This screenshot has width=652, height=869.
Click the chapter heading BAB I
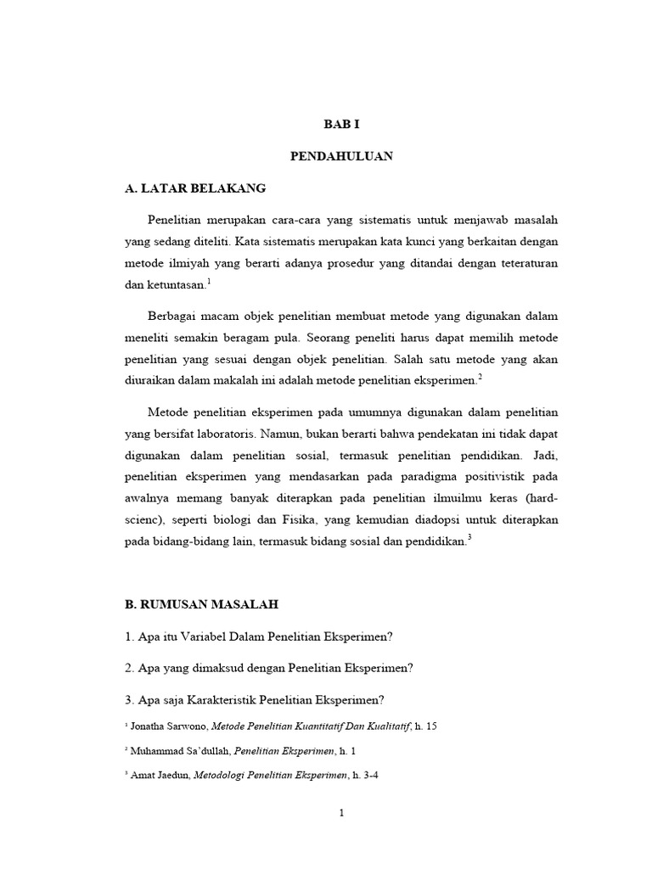point(342,124)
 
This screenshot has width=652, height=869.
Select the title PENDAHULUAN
point(342,156)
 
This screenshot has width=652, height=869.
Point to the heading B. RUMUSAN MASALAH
point(201,604)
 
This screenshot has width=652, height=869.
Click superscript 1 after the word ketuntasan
point(208,282)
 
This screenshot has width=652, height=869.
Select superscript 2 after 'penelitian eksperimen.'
point(480,376)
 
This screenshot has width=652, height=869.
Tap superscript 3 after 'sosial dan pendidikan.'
point(469,537)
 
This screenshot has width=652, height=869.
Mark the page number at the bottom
point(341,814)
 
